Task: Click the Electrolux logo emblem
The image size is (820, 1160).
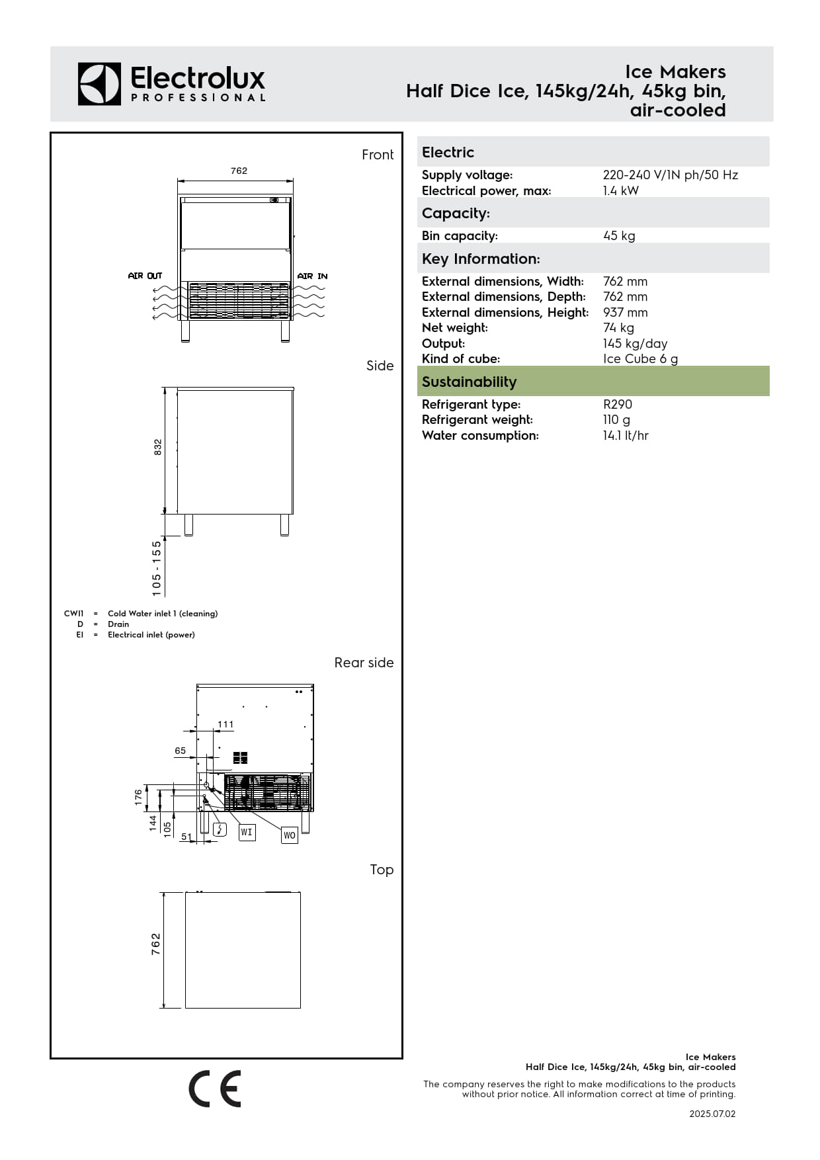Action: [99, 84]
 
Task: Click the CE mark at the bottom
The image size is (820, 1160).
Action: [215, 1089]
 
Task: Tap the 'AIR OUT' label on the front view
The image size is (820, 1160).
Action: [145, 276]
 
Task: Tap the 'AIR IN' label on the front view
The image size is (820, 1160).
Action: [312, 276]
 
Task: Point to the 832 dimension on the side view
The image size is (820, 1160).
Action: [157, 447]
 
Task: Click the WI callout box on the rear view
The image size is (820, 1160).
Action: [247, 832]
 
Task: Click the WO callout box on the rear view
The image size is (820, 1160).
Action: [290, 835]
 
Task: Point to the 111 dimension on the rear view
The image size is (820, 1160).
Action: [225, 724]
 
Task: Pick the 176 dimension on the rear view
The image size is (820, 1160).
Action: [138, 797]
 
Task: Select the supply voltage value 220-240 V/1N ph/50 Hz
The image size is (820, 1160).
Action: [670, 175]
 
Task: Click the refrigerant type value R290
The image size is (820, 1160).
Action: [617, 404]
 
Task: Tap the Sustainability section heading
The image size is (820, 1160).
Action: [469, 382]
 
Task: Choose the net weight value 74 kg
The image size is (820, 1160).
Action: [618, 327]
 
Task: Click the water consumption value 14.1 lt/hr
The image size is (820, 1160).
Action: [626, 435]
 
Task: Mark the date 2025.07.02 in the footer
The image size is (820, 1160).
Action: [712, 1114]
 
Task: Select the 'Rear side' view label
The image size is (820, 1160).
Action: [364, 663]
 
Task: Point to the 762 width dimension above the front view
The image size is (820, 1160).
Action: [239, 171]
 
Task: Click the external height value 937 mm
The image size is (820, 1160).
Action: [625, 312]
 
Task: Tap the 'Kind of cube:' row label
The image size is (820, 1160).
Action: [461, 358]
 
